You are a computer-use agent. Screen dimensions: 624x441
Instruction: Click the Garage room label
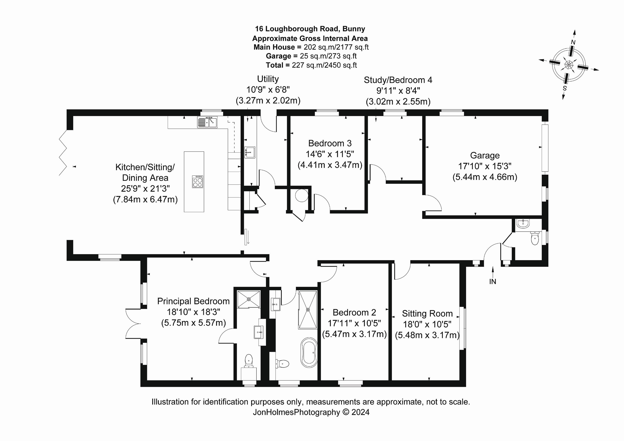pyautogui.click(x=485, y=156)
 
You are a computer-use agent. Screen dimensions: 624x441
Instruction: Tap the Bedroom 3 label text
pyautogui.click(x=330, y=143)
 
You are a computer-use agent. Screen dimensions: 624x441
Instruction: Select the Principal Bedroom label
pyautogui.click(x=193, y=301)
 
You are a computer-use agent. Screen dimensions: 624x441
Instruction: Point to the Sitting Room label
pyautogui.click(x=427, y=314)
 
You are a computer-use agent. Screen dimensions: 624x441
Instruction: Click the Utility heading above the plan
pyautogui.click(x=268, y=79)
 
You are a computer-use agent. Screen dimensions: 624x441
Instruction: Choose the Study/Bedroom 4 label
pyautogui.click(x=398, y=80)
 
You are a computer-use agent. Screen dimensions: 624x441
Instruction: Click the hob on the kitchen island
pyautogui.click(x=197, y=182)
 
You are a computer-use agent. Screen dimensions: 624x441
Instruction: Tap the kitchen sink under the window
pyautogui.click(x=207, y=122)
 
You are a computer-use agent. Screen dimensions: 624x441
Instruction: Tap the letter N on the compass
pyautogui.click(x=573, y=42)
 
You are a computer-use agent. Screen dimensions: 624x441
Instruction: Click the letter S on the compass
pyautogui.click(x=565, y=88)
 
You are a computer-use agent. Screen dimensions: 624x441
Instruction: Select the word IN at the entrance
pyautogui.click(x=492, y=282)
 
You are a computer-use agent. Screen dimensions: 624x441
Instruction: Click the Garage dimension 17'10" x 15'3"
pyautogui.click(x=485, y=166)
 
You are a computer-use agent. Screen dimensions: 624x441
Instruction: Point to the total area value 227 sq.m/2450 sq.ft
pyautogui.click(x=324, y=65)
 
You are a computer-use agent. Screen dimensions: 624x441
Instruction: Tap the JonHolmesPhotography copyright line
pyautogui.click(x=311, y=412)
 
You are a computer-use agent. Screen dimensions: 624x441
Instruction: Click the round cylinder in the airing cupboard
pyautogui.click(x=301, y=195)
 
